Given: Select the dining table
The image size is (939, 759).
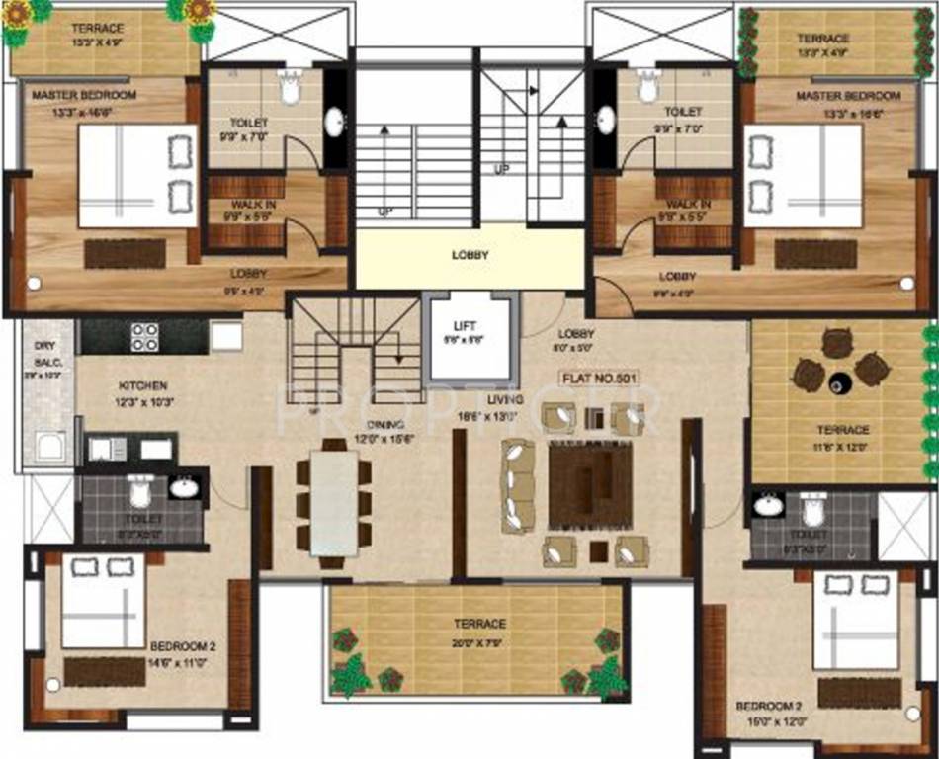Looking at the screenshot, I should [x=334, y=503].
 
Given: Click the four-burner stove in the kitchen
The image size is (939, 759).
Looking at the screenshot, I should [x=145, y=337].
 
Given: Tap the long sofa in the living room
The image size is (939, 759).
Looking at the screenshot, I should [x=516, y=486].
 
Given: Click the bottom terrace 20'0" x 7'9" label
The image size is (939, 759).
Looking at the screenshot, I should [x=479, y=624].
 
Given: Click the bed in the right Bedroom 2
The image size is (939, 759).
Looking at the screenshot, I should [x=856, y=621].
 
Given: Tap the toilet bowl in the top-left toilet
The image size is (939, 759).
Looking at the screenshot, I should [x=290, y=88].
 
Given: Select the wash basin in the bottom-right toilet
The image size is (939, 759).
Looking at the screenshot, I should [x=768, y=506].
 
